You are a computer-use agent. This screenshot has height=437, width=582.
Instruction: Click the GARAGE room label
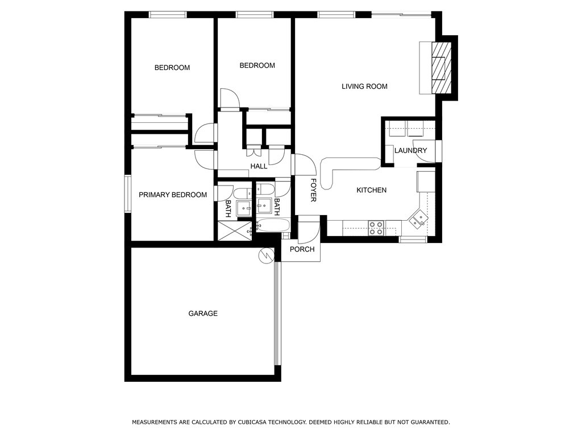tap(203, 314)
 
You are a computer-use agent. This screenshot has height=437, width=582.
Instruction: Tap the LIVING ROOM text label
tap(364, 86)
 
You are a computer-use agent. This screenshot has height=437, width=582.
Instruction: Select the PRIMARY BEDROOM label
tap(173, 195)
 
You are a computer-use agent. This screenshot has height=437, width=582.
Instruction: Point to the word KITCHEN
tap(372, 190)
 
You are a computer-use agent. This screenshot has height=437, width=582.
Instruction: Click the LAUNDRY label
tap(410, 150)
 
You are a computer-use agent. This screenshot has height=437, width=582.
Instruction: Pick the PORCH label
tap(302, 249)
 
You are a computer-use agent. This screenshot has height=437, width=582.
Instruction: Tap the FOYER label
tap(313, 190)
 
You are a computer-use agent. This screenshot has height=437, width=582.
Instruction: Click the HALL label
tap(259, 167)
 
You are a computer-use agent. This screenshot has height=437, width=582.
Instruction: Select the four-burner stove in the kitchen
tap(376, 228)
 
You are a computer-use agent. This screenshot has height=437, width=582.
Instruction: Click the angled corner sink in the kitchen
tap(418, 218)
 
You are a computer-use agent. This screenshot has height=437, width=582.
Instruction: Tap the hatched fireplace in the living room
tap(442, 68)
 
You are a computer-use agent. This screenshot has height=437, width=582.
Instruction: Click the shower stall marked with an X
tap(235, 231)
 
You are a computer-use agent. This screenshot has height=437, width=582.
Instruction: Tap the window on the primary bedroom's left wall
tap(128, 193)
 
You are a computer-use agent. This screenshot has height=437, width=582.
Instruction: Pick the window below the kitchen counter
tap(413, 240)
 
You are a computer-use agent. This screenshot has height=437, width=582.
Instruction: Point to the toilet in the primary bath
tap(243, 193)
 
